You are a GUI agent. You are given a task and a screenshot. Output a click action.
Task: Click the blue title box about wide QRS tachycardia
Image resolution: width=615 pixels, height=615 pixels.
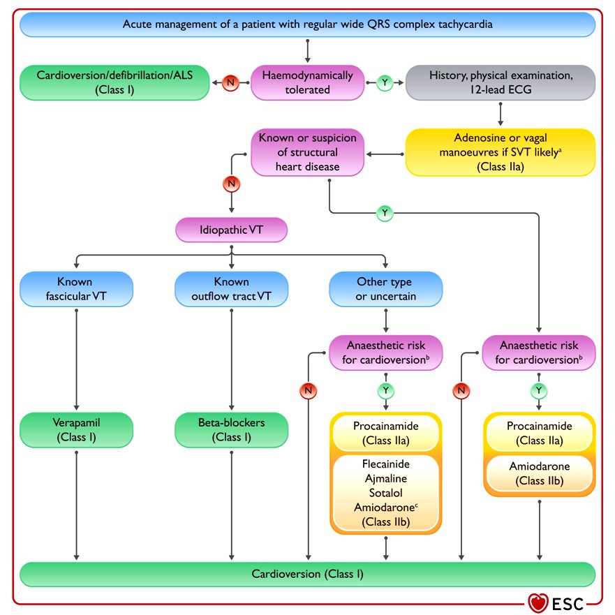pyautogui.click(x=307, y=24)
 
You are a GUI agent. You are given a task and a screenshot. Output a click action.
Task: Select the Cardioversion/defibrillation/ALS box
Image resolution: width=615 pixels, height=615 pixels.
pyautogui.click(x=114, y=83)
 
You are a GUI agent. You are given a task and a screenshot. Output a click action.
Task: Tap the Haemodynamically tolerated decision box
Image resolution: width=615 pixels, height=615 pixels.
pyautogui.click(x=307, y=83)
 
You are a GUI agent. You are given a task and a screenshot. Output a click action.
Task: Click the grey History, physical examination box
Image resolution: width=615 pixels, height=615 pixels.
pyautogui.click(x=501, y=83)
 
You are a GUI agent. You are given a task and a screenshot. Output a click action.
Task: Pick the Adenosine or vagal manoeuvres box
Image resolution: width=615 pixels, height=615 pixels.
pyautogui.click(x=501, y=152)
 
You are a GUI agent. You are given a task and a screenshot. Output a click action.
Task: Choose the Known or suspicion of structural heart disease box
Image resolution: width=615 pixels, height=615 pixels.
pyautogui.click(x=307, y=152)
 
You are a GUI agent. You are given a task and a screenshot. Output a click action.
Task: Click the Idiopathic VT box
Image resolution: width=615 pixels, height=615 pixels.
pyautogui.click(x=231, y=230)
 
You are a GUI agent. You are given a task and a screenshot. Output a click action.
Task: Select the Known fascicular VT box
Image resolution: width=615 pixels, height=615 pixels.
pyautogui.click(x=76, y=289)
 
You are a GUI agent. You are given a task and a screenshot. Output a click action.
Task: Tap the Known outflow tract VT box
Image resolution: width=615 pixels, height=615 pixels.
pyautogui.click(x=231, y=289)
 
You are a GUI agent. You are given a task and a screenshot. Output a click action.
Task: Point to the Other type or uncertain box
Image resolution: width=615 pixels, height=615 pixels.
pyautogui.click(x=386, y=289)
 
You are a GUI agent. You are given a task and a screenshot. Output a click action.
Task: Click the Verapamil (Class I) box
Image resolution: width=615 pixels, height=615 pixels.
pyautogui.click(x=76, y=430)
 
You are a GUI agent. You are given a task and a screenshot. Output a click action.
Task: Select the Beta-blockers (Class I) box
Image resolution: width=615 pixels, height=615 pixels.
pyautogui.click(x=231, y=430)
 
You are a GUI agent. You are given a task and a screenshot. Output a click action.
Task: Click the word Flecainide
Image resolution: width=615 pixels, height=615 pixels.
pyautogui.click(x=386, y=464)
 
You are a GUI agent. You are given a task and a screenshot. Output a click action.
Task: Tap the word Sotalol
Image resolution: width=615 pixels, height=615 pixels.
pyautogui.click(x=386, y=493)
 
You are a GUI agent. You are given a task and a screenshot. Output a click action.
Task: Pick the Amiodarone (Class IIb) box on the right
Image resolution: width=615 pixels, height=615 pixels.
pyautogui.click(x=540, y=473)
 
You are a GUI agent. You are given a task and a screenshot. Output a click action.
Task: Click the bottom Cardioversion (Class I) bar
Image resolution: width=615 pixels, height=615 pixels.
pyautogui.click(x=307, y=575)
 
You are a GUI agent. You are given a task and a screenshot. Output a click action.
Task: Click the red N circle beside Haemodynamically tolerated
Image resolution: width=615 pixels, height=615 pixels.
pyautogui.click(x=230, y=83)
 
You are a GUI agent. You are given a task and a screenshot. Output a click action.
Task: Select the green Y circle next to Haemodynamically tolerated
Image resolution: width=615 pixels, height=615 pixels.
pyautogui.click(x=385, y=83)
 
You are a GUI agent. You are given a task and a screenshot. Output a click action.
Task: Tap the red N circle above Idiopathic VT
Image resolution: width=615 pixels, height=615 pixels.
pyautogui.click(x=231, y=184)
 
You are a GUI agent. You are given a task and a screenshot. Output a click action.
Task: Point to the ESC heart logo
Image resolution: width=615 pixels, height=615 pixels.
pyautogui.click(x=538, y=603)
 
